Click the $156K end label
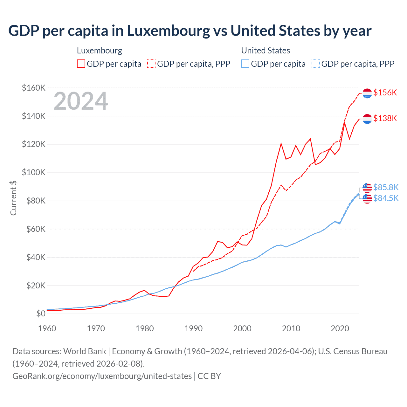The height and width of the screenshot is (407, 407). tap(385, 93)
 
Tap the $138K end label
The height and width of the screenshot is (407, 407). tap(385, 118)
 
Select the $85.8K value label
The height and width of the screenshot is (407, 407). tap(386, 187)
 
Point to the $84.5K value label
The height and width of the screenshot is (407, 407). tap(386, 198)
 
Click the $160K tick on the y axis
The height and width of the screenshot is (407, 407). tap(34, 88)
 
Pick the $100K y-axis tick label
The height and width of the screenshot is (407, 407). tap(34, 173)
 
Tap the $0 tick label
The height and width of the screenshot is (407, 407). tap(41, 314)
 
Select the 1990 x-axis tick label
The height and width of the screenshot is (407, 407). tap(193, 328)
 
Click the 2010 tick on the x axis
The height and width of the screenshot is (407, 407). tap(291, 328)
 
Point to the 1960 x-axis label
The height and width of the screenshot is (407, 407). tap(47, 328)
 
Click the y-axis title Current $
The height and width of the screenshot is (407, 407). tap(13, 198)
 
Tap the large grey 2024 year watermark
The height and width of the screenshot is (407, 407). tap(81, 101)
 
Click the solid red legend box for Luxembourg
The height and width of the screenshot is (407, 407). tap(81, 64)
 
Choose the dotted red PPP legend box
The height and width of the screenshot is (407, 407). tap(151, 64)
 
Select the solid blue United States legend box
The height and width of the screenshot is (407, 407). tap(245, 64)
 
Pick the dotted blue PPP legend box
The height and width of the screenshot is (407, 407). tap(316, 64)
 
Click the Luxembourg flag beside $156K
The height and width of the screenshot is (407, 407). tap(367, 93)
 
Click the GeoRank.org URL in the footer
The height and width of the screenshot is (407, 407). tap(102, 376)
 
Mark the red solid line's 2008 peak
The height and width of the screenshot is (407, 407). tap(281, 143)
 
